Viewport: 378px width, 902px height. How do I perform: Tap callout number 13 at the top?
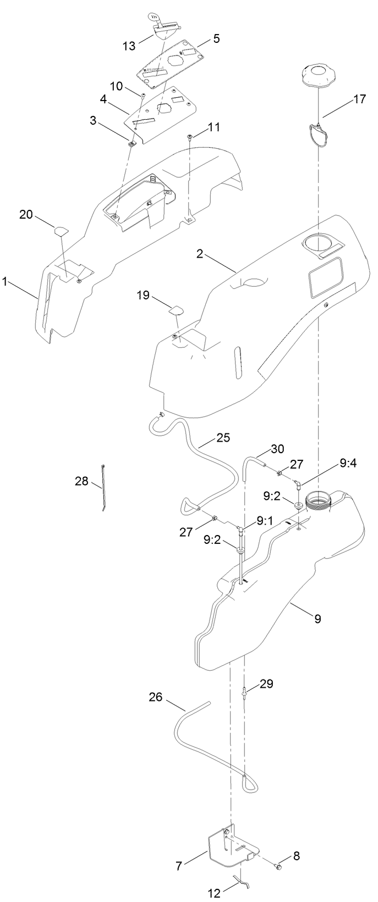[129, 46]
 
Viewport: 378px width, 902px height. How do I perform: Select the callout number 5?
[216, 38]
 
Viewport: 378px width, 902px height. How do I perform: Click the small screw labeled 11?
[190, 137]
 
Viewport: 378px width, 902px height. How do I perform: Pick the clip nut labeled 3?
[132, 144]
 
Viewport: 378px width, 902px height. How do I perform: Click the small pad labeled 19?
[176, 310]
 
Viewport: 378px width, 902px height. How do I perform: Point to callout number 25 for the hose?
[223, 438]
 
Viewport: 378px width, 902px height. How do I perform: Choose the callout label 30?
[278, 449]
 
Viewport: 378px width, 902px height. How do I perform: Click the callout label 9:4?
[348, 463]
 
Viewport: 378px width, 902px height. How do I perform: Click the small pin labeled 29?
[244, 691]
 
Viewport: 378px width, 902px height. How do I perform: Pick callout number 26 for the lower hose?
[156, 697]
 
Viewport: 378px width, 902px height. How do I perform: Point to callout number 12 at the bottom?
[215, 894]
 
